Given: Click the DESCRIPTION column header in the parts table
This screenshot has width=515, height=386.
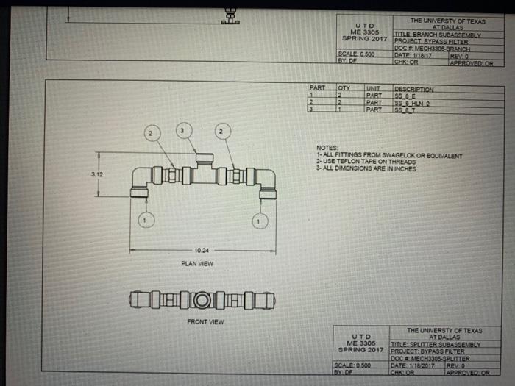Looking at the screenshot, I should pos(414,89).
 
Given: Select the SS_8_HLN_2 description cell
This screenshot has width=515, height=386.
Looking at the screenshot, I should pos(413,104).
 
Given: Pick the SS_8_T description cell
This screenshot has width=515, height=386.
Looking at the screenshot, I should pos(405,110).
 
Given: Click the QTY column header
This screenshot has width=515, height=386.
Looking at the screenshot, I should pos(343,89).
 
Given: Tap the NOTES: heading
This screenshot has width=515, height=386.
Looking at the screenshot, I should pos(327,147).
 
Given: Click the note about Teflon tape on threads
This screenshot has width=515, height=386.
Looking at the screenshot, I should pos(366,162).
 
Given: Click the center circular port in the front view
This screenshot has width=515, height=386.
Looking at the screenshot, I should pos(201,300).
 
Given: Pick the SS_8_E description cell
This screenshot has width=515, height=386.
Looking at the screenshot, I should pos(405,96).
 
